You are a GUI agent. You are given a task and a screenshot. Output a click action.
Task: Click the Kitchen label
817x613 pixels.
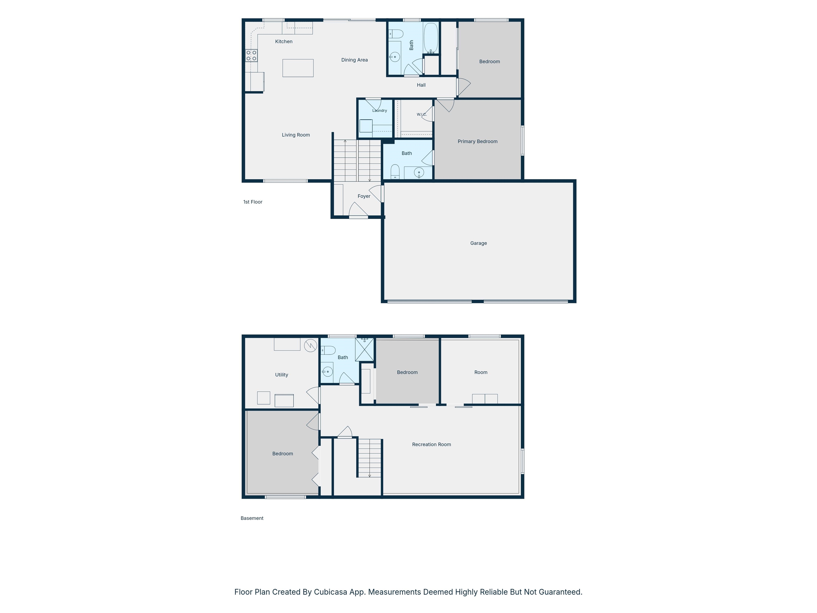tap(284, 42)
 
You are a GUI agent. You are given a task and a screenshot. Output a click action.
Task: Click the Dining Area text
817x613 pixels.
tap(354, 60)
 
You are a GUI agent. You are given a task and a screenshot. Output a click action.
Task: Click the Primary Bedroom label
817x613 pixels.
tap(478, 142)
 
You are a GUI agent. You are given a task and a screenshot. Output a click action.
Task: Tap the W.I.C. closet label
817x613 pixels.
tap(422, 115)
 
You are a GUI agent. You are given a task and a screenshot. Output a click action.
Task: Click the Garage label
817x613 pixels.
tap(478, 243)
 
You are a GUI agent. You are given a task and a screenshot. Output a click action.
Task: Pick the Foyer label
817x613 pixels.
tap(364, 196)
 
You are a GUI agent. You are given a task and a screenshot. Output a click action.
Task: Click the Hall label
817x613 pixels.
tap(421, 85)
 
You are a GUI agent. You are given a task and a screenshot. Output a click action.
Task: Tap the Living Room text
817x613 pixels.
tap(296, 135)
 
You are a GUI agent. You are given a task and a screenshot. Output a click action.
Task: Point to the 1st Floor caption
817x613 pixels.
tap(253, 202)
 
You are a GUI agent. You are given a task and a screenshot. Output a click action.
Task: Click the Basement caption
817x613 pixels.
tap(252, 518)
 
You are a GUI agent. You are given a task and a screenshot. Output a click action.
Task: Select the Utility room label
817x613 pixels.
tap(281, 375)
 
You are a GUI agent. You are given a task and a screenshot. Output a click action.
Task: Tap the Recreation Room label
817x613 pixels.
tap(431, 445)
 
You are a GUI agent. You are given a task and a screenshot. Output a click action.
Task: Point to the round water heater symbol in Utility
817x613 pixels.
tap(311, 346)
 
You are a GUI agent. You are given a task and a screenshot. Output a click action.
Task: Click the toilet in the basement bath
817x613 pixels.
tap(328, 350)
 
